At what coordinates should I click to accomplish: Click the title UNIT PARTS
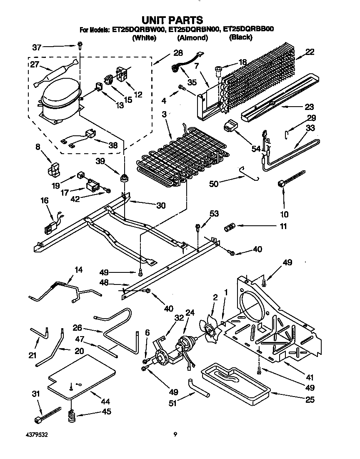pos(172,20)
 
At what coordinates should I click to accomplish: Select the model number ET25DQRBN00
pos(193,30)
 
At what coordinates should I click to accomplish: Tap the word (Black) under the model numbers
pos(240,37)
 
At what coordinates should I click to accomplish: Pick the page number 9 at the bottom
pos(175,435)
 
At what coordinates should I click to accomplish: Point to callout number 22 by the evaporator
pos(309,52)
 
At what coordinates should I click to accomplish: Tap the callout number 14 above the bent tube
pos(78,269)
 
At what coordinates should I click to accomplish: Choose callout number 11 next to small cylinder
pos(283,227)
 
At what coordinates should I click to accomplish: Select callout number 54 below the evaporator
pos(255,149)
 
